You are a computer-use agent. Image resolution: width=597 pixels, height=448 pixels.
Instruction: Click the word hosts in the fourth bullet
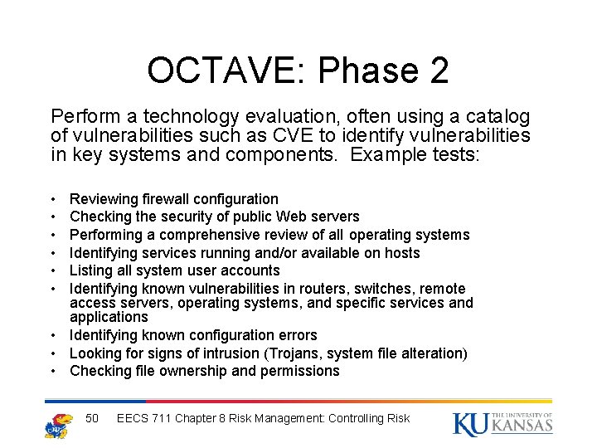(399, 253)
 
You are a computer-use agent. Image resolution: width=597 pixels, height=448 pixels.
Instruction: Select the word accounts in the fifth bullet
(252, 270)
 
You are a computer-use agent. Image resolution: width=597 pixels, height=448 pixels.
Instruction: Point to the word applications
(109, 317)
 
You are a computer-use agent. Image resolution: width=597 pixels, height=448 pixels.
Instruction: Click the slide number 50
(93, 418)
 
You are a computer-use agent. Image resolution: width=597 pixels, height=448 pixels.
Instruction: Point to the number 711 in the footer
(163, 418)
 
